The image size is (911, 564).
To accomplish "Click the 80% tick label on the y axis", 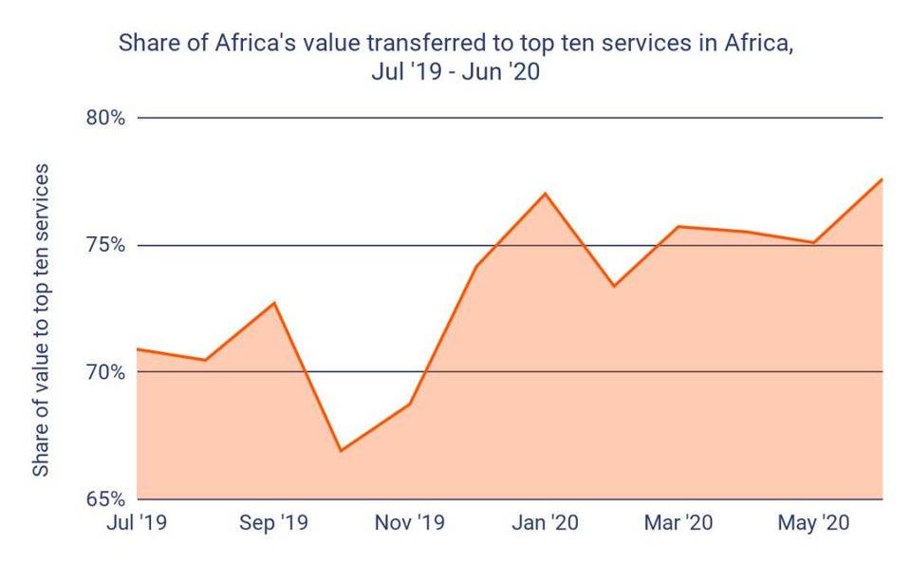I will (106, 119).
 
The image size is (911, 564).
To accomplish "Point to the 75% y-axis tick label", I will (106, 245).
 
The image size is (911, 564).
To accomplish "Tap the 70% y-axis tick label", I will (106, 371).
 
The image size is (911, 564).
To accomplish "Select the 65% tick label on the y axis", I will (106, 498).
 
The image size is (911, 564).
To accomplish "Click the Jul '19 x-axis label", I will (138, 522).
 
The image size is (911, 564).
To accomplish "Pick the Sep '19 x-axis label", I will (272, 522).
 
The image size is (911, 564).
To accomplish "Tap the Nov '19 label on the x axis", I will (410, 522).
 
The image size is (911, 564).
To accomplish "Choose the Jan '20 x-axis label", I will (545, 522).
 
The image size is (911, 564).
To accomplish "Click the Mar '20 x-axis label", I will (679, 522).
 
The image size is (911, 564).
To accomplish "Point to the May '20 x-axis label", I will (814, 522).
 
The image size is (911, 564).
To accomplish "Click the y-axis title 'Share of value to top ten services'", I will (41, 320).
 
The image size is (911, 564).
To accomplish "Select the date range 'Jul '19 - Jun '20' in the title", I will (455, 72).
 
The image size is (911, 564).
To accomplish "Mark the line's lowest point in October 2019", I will (341, 451).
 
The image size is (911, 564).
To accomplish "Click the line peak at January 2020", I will (545, 193).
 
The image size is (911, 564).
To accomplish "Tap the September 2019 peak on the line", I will (274, 302).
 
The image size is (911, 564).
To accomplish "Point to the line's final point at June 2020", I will (883, 179).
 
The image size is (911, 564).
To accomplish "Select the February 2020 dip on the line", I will (613, 286).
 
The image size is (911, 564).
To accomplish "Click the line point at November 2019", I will (410, 404).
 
